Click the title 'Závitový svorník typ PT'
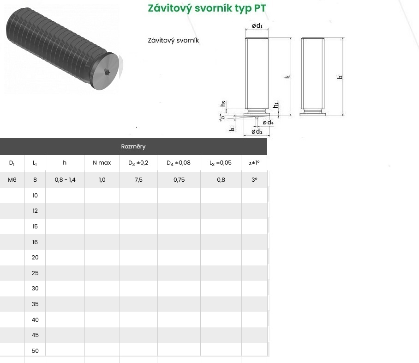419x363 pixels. pyautogui.click(x=207, y=8)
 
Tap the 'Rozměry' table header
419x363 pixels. pyautogui.click(x=133, y=147)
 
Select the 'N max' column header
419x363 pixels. pyautogui.click(x=102, y=162)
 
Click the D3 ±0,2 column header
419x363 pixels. pyautogui.click(x=138, y=163)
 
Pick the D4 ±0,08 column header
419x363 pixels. pyautogui.click(x=179, y=163)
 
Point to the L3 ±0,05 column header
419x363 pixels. pyautogui.click(x=221, y=163)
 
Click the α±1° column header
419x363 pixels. pyautogui.click(x=254, y=162)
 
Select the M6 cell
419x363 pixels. pyautogui.click(x=12, y=179)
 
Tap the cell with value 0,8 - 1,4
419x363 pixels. pyautogui.click(x=65, y=180)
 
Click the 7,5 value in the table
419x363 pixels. pyautogui.click(x=139, y=180)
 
